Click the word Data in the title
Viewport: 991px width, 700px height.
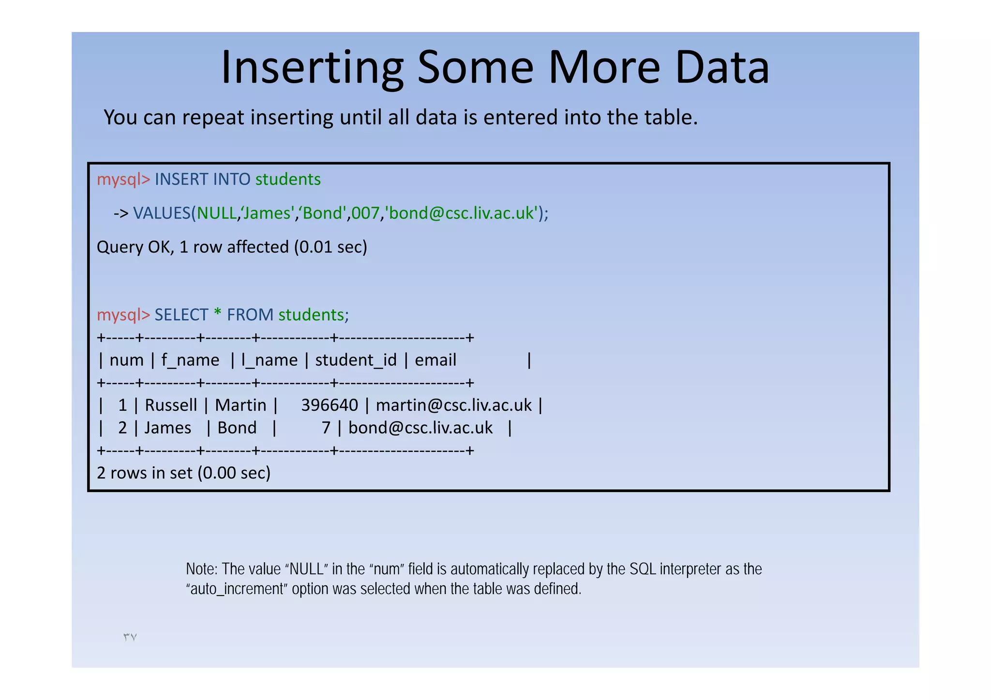click(x=721, y=68)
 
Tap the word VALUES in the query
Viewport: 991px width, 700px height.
click(x=162, y=213)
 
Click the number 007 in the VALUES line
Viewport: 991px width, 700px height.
click(x=365, y=213)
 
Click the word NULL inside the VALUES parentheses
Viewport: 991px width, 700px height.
click(x=216, y=213)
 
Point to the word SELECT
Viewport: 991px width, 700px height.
click(x=181, y=315)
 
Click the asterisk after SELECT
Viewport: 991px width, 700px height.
click(x=217, y=315)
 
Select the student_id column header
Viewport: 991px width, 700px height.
click(x=356, y=360)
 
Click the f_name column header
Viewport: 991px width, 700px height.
click(x=190, y=360)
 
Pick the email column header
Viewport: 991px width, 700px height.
click(x=435, y=360)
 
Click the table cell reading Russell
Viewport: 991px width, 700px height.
click(x=171, y=405)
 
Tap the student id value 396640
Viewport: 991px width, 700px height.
click(x=330, y=405)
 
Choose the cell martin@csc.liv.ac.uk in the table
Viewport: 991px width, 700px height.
click(x=453, y=405)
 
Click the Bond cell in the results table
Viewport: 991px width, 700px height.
click(x=237, y=428)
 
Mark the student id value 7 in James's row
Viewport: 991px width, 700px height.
click(x=326, y=428)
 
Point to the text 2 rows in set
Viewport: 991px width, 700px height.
click(x=145, y=473)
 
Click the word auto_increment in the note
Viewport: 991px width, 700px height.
click(x=237, y=589)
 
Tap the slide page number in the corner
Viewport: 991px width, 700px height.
click(x=130, y=637)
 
